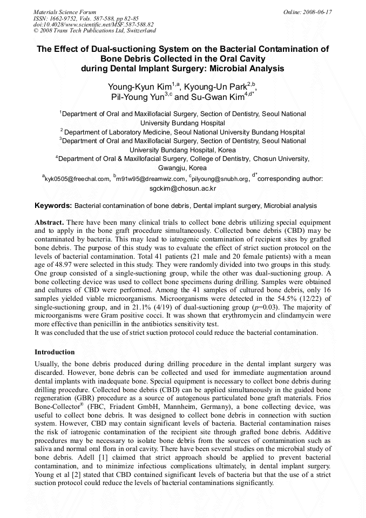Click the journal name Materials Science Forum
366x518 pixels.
click(65, 11)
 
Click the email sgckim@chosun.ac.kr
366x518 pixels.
click(182, 189)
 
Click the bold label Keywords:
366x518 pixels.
click(53, 206)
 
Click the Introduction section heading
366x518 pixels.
click(55, 352)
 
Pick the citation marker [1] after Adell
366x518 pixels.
click(75, 458)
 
